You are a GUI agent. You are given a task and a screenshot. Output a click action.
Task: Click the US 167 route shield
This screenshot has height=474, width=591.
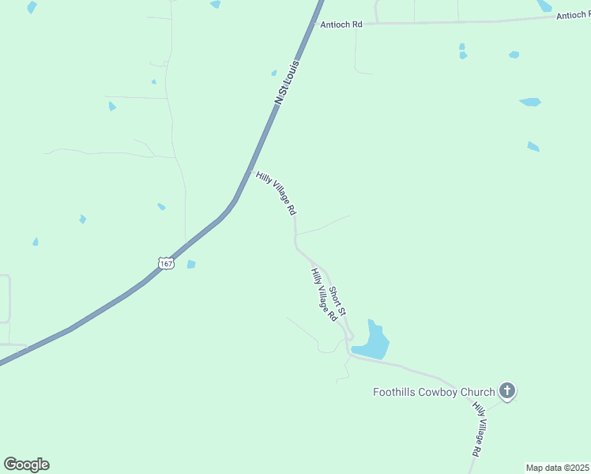tap(165, 263)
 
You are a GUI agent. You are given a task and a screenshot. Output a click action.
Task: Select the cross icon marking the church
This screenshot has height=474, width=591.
tap(507, 390)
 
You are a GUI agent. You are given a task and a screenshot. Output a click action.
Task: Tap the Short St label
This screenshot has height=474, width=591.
tap(337, 302)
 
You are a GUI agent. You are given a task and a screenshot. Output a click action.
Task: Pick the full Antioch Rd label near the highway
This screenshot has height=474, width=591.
tap(341, 24)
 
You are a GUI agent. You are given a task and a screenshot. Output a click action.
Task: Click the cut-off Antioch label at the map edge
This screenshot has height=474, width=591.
tap(573, 15)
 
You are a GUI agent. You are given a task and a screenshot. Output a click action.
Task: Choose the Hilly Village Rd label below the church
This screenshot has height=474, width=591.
tap(478, 429)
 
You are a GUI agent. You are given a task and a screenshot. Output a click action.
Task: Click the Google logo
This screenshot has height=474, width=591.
tap(27, 465)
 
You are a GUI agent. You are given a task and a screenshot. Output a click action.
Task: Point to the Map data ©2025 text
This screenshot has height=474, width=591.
tap(558, 468)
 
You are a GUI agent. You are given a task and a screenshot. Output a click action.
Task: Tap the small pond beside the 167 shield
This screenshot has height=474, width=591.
tap(190, 265)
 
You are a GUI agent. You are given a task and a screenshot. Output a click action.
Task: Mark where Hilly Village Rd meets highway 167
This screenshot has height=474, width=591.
tap(251, 170)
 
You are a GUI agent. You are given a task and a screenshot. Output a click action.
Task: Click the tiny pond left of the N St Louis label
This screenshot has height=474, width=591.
tap(273, 73)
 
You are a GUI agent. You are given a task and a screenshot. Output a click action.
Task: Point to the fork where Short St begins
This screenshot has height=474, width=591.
tap(314, 264)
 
